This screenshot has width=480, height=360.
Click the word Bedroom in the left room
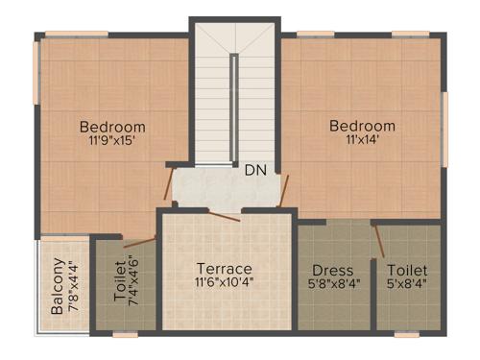112,127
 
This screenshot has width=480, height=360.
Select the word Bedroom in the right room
362,126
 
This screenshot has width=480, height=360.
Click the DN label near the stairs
254,171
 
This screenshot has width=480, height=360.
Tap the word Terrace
224,268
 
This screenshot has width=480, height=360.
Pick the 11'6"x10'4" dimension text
224,283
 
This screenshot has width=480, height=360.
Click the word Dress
333,271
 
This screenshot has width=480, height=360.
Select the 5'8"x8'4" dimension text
333,284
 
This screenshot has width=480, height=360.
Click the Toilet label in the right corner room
408,271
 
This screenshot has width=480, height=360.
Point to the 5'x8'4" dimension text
408,284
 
